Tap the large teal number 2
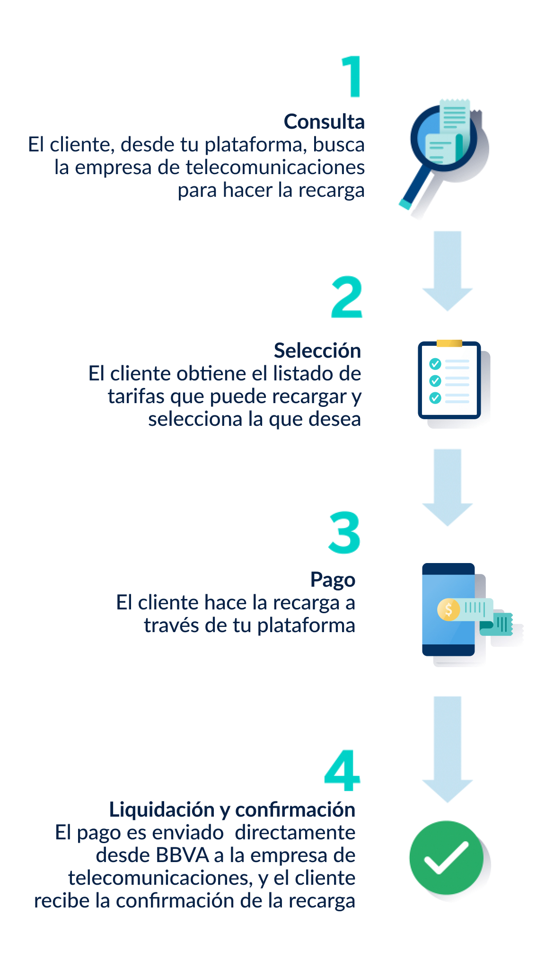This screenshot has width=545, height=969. pyautogui.click(x=347, y=297)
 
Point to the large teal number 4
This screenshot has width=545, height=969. pyautogui.click(x=343, y=770)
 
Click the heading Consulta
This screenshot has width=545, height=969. pyautogui.click(x=324, y=122)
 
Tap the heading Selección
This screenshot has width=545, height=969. pyautogui.click(x=317, y=351)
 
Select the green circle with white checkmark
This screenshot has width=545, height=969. pyautogui.click(x=447, y=857)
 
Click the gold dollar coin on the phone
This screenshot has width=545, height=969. pyautogui.click(x=448, y=609)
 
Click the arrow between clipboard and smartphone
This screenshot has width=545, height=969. pyautogui.click(x=448, y=487)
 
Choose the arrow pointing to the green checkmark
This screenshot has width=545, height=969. pyautogui.click(x=448, y=749)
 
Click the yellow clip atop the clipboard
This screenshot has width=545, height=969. pyautogui.click(x=449, y=343)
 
